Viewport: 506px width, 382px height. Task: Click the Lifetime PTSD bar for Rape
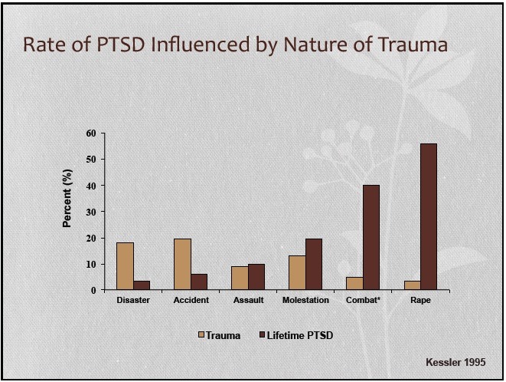click(429, 216)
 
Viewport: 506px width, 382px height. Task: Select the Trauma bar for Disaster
click(126, 266)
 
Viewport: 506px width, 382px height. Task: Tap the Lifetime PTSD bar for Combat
click(371, 238)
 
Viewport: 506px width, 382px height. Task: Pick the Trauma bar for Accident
click(182, 264)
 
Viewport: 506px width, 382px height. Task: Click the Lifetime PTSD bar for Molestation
click(314, 264)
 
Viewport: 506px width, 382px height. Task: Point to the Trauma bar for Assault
click(240, 278)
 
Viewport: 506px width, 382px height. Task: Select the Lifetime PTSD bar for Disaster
click(142, 285)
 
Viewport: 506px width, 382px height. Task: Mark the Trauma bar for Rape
click(412, 285)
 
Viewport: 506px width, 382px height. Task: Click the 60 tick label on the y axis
click(91, 133)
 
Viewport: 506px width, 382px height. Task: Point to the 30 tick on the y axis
click(103, 212)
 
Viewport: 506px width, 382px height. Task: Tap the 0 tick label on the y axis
click(93, 290)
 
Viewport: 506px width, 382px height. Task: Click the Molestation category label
click(305, 300)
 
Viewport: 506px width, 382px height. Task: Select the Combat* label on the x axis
click(363, 300)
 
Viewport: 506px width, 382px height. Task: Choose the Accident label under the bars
click(191, 300)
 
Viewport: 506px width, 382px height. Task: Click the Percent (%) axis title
click(67, 198)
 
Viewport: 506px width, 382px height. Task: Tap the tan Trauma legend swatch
click(201, 334)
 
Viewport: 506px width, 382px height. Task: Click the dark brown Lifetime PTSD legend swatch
click(263, 334)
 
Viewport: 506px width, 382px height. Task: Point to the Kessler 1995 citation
click(455, 362)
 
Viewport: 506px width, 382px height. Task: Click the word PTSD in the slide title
click(121, 44)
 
